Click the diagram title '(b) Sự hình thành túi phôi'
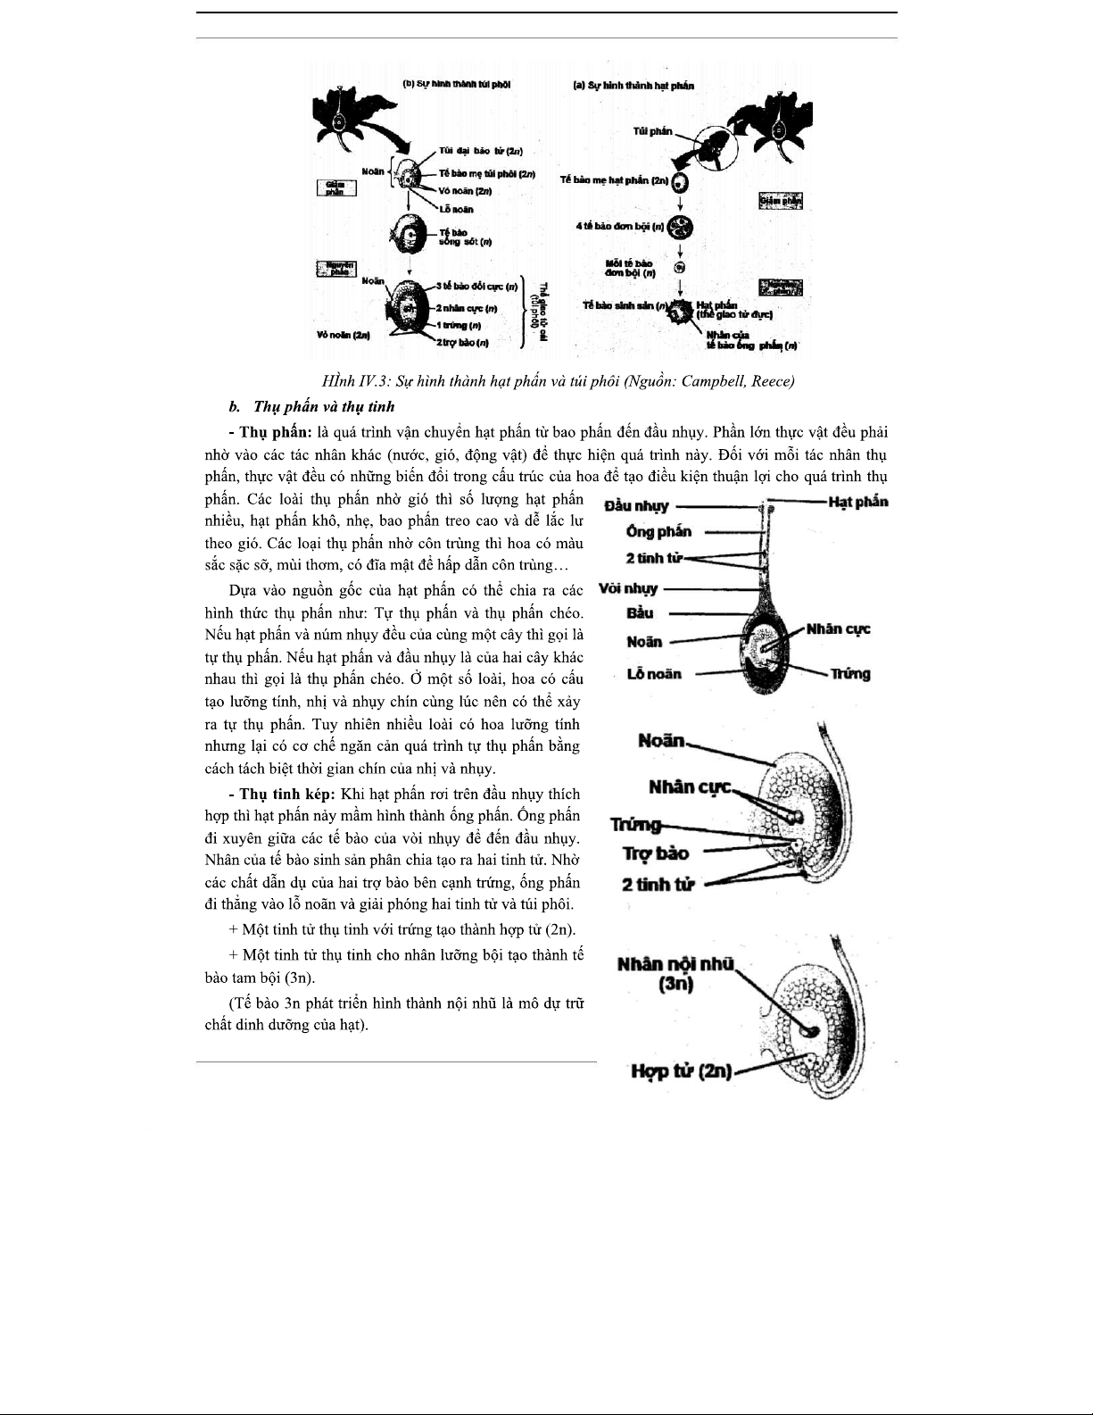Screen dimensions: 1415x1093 (457, 85)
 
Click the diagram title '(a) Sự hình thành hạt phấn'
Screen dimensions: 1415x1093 (633, 86)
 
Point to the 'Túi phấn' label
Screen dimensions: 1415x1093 (652, 131)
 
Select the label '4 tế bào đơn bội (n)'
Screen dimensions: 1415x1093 (620, 226)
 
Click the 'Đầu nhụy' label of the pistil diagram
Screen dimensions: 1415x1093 (636, 506)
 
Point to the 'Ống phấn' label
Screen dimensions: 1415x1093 (658, 532)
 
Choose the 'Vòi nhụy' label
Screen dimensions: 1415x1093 (628, 588)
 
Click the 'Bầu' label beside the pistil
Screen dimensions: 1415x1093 (640, 613)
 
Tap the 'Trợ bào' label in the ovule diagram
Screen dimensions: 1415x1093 (655, 853)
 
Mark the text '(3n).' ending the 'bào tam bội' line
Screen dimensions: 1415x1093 (297, 978)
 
